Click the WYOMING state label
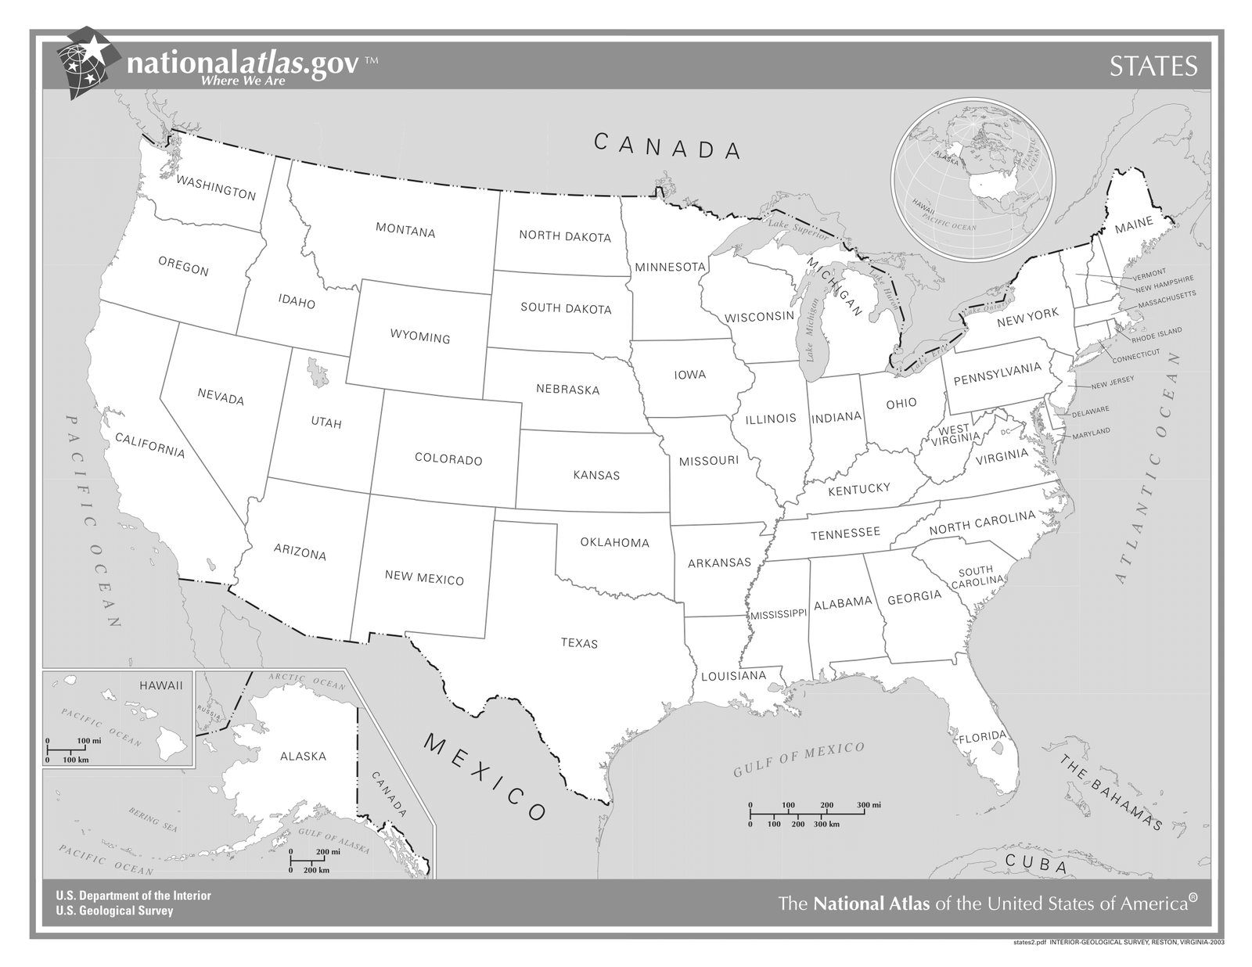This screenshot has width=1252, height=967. point(420,336)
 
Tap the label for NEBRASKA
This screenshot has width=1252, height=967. point(567,389)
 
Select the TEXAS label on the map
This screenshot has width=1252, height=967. point(579,643)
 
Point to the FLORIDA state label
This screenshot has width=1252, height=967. point(982,737)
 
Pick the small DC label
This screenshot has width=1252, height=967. point(1006,432)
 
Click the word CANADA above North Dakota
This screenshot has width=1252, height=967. point(667,146)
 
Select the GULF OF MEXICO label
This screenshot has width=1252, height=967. point(798,760)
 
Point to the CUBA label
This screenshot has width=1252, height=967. point(1036,865)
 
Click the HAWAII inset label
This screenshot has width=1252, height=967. point(160,685)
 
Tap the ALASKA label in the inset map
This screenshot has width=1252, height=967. point(303,757)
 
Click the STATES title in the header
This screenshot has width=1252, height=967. point(1153,67)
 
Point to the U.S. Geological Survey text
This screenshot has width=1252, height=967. point(114,911)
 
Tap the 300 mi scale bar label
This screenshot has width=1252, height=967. point(869,805)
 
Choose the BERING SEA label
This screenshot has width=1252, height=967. point(153,819)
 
